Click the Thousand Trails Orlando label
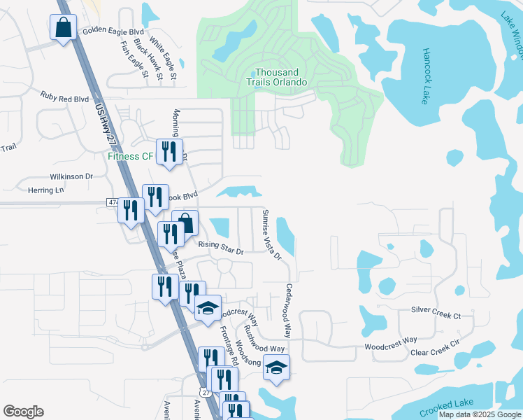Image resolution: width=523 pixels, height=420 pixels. click(x=281, y=77)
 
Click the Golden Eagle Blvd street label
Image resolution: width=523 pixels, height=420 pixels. click(x=113, y=31)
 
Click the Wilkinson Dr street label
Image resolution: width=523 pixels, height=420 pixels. click(x=71, y=176)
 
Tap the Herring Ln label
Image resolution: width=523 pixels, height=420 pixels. click(x=45, y=190)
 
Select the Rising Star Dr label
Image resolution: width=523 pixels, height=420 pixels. click(x=220, y=247)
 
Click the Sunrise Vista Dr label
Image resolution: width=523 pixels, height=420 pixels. click(x=271, y=235)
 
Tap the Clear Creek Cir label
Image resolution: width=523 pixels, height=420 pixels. click(x=434, y=348)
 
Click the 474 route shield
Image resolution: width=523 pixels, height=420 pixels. click(x=113, y=202)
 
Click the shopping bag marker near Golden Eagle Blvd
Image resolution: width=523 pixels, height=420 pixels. click(x=64, y=29)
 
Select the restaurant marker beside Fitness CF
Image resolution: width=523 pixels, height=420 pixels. click(x=169, y=153)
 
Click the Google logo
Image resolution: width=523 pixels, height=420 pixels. click(x=23, y=412)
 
